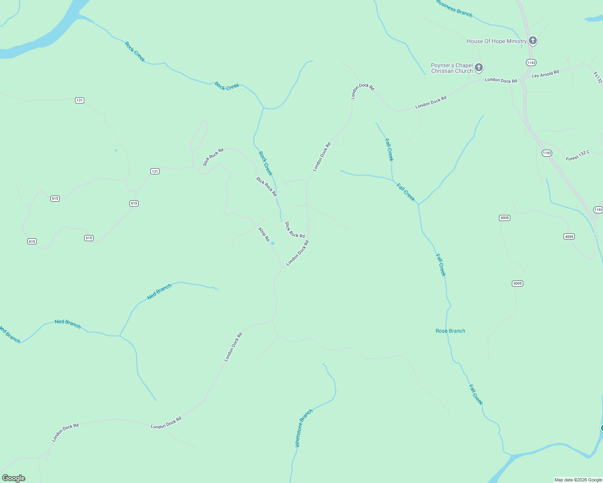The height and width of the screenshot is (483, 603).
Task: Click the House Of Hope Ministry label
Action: (497, 41)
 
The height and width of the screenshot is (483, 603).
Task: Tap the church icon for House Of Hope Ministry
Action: (533, 40)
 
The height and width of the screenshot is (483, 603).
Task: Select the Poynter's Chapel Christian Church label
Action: (451, 68)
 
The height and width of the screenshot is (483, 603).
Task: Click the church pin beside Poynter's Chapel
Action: (479, 67)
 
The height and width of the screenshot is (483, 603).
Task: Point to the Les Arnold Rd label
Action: (545, 74)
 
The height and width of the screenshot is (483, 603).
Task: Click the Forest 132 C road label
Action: (578, 156)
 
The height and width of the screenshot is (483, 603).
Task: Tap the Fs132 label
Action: (598, 78)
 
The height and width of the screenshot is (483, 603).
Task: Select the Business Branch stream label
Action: (454, 8)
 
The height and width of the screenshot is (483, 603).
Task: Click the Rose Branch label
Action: (450, 331)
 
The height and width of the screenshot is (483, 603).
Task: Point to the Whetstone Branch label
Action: (304, 428)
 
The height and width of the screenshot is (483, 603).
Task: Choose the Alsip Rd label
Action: (264, 234)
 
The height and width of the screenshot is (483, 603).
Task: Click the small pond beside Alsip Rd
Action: (272, 243)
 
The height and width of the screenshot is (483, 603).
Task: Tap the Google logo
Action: (14, 478)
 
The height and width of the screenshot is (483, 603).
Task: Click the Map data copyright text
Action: (578, 480)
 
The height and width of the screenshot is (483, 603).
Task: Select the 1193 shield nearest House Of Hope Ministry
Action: (531, 63)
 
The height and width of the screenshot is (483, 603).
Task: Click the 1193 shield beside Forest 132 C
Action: (547, 153)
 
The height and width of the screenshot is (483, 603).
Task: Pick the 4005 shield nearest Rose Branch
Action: (518, 283)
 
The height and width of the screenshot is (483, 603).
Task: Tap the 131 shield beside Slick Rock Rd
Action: (155, 171)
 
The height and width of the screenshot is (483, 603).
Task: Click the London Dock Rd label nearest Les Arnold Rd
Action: (501, 80)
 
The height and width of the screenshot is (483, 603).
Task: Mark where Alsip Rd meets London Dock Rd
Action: (283, 267)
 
